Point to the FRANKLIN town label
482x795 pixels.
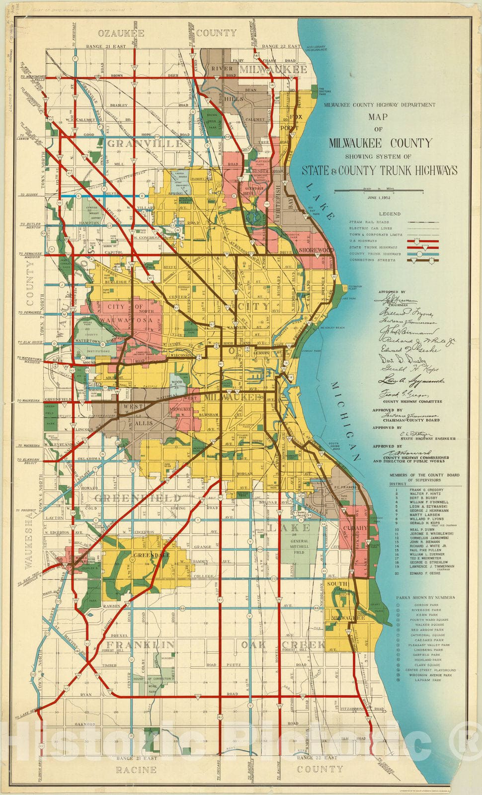[140, 644]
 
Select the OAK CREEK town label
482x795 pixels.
[283, 644]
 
